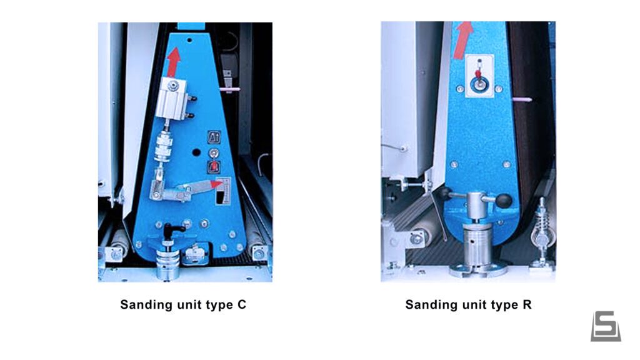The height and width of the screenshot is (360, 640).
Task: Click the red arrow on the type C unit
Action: [x=174, y=61]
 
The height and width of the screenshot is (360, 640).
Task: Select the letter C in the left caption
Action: [x=242, y=305]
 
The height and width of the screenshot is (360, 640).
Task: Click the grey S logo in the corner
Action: [x=606, y=326]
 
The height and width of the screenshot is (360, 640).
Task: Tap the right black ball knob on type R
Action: [x=504, y=200]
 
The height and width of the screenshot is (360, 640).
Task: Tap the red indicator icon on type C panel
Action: [x=214, y=166]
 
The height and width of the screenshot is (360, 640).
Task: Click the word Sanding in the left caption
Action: [x=145, y=305]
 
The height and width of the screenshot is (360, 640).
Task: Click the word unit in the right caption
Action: [x=471, y=305]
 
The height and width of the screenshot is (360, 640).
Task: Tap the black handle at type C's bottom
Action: [x=171, y=230]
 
